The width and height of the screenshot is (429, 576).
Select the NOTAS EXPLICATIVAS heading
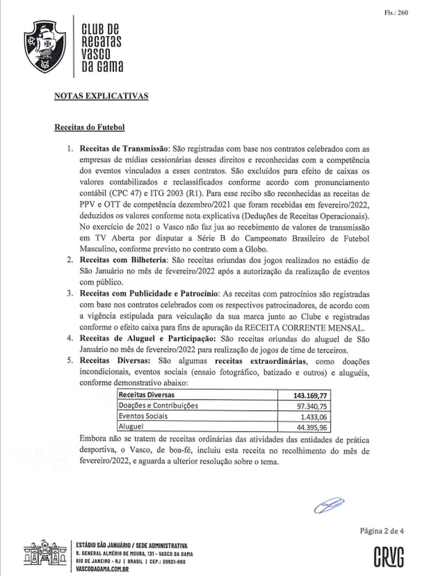(101, 96)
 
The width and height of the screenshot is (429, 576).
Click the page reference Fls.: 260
(396, 13)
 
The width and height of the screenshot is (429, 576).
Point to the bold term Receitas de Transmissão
(124, 149)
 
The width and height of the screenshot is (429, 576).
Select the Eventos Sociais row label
(143, 416)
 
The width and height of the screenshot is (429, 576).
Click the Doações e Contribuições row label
(158, 406)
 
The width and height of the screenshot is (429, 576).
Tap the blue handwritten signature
(329, 506)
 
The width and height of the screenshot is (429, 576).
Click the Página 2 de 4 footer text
(382, 531)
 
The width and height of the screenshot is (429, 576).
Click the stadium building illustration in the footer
(45, 555)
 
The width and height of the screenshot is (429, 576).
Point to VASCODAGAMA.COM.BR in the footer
(102, 569)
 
